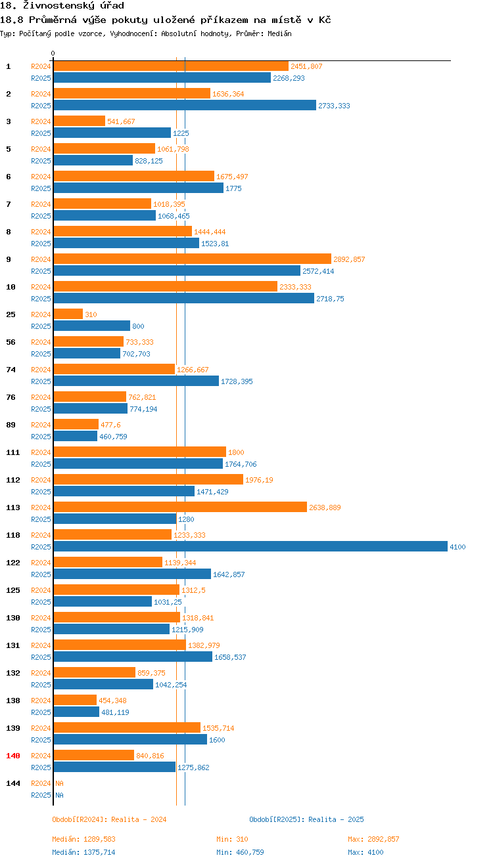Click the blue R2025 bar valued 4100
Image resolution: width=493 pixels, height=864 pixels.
click(250, 546)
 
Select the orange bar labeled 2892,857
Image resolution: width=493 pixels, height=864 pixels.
click(192, 259)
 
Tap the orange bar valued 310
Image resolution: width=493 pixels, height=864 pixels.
click(68, 314)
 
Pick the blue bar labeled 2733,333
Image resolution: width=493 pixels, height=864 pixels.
click(184, 105)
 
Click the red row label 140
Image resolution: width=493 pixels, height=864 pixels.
click(13, 756)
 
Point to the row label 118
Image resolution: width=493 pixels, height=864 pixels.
click(13, 535)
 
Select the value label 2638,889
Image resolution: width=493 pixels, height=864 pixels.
click(325, 508)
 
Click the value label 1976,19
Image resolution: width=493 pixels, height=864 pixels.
click(259, 480)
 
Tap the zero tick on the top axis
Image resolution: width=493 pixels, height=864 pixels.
click(53, 54)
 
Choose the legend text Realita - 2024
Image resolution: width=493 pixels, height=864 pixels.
click(139, 819)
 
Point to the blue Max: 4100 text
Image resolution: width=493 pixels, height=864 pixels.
click(365, 852)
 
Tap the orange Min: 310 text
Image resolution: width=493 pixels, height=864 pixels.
click(232, 839)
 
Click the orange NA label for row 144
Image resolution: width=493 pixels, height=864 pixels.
click(59, 783)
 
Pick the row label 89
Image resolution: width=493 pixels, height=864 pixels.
click(11, 425)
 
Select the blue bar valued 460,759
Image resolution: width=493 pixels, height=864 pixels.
click(75, 436)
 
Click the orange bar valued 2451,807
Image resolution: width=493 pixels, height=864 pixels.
click(171, 66)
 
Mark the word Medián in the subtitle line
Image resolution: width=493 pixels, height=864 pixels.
click(279, 33)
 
